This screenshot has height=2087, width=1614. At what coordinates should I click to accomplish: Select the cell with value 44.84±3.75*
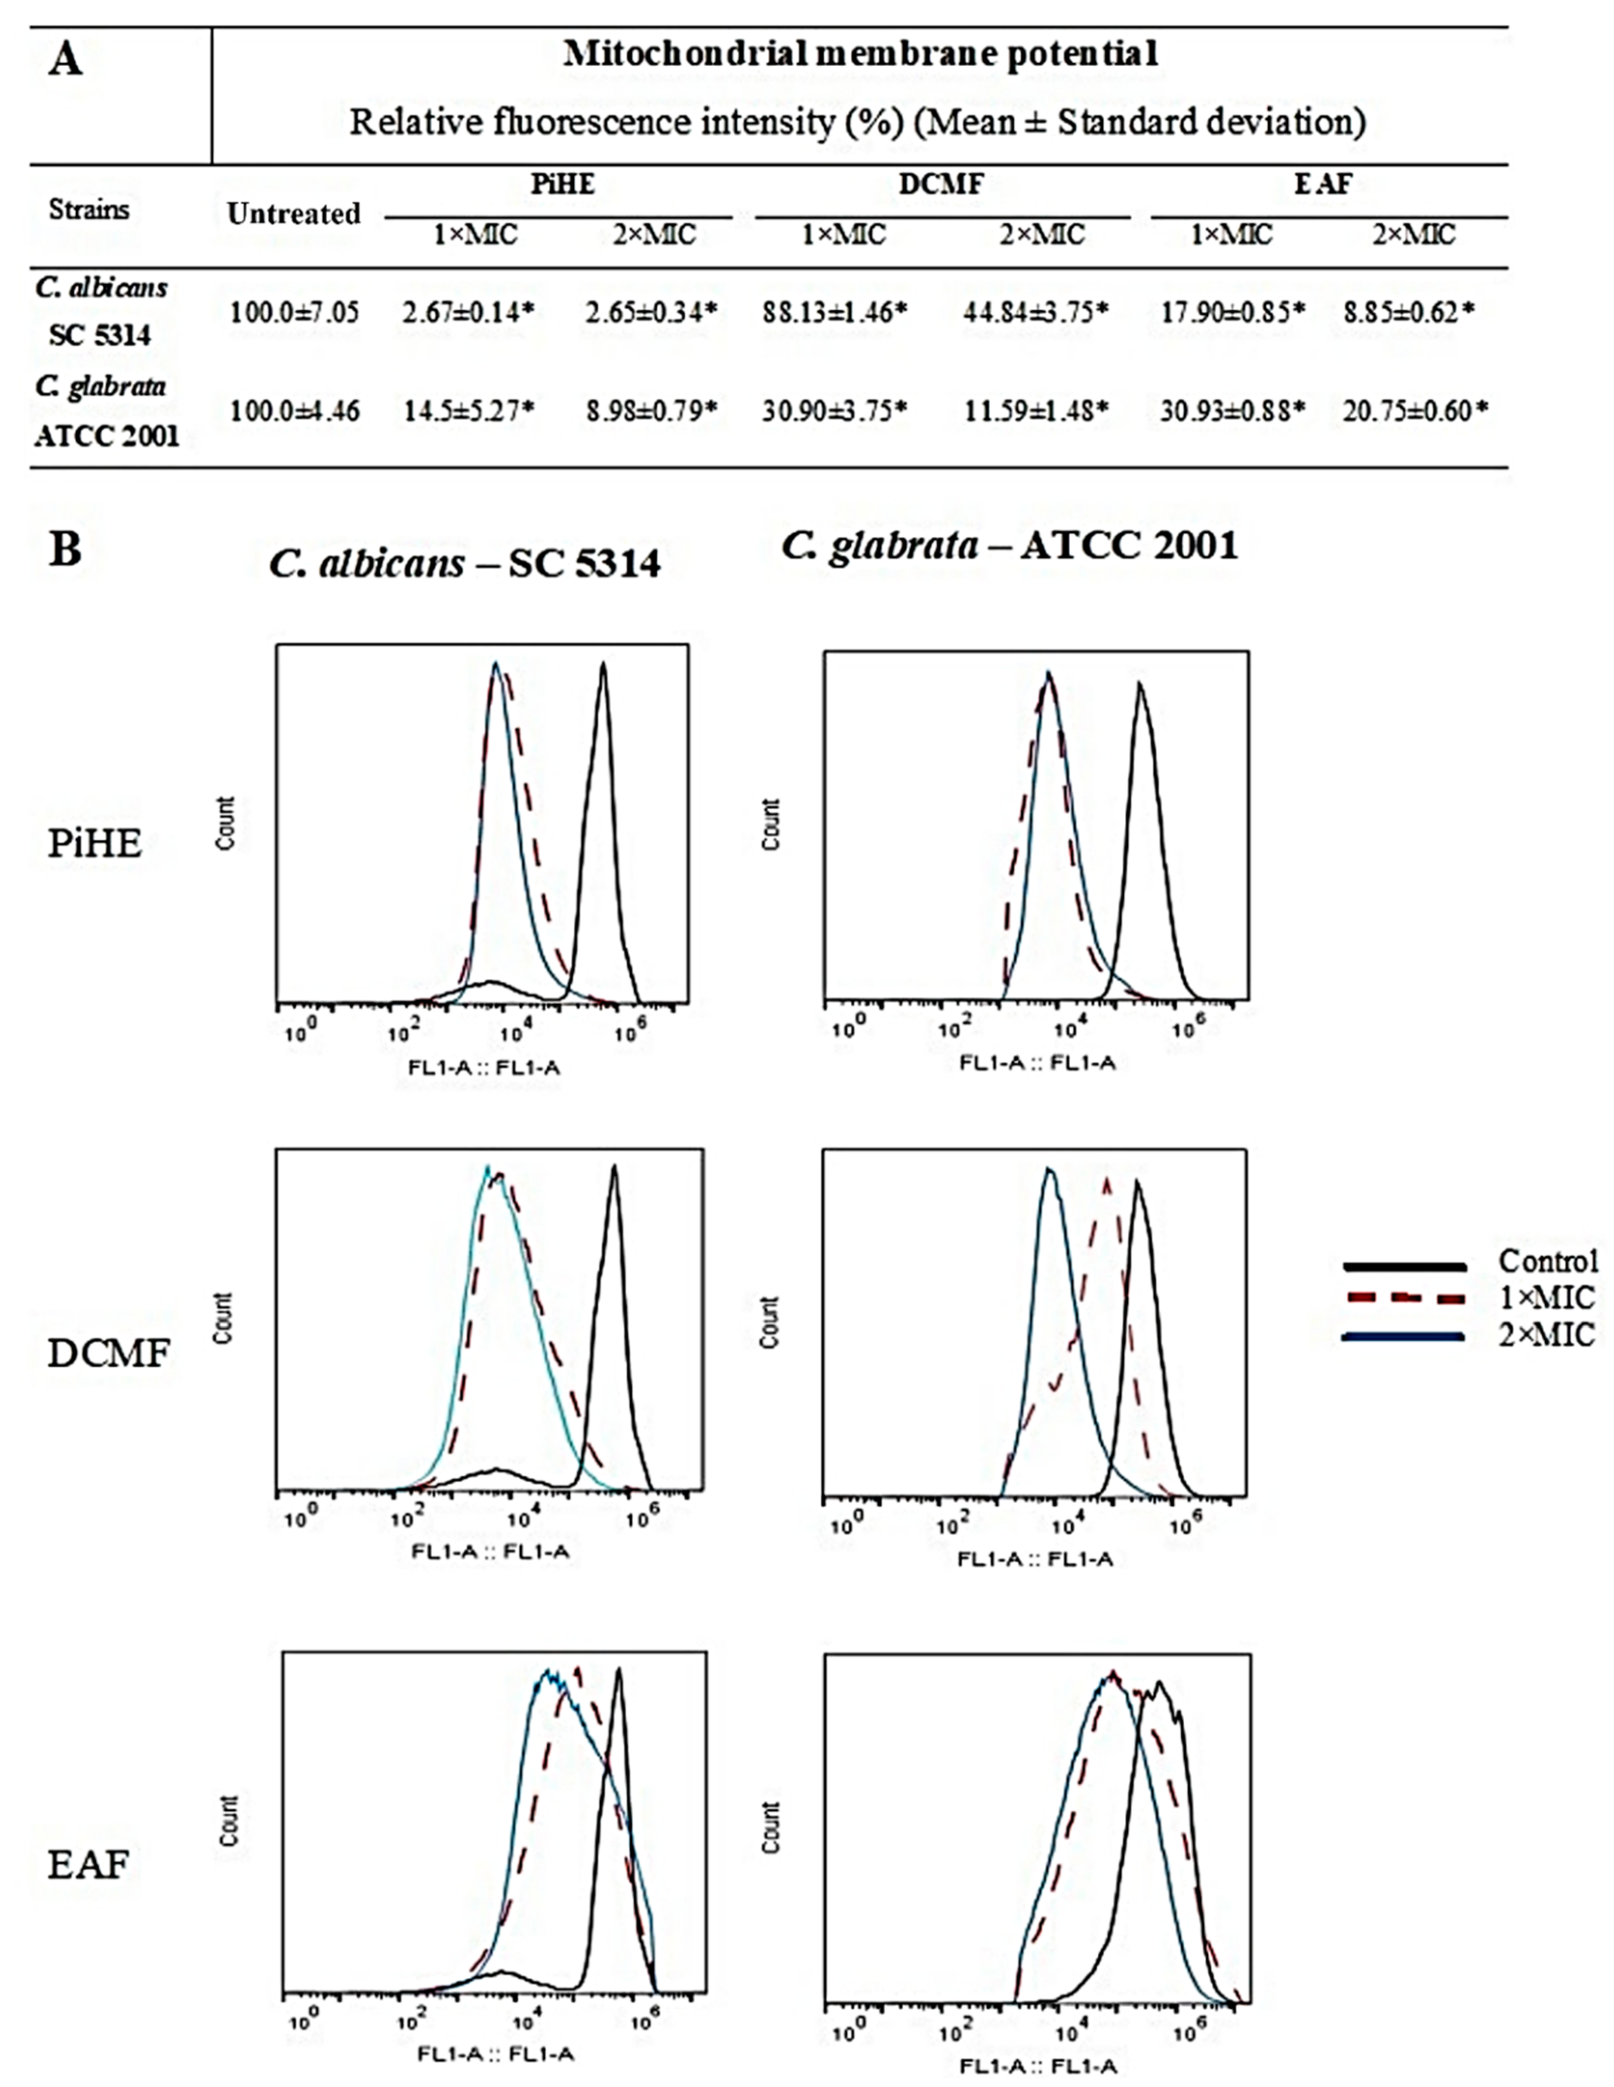point(1036,312)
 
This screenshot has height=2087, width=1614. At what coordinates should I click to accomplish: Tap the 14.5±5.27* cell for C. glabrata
point(468,411)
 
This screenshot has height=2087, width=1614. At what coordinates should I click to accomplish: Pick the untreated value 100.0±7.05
point(294,312)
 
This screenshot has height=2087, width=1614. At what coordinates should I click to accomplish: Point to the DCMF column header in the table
point(941,183)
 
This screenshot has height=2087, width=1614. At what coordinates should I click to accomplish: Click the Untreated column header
point(294,213)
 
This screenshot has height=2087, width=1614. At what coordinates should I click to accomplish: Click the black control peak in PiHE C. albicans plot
point(603,669)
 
